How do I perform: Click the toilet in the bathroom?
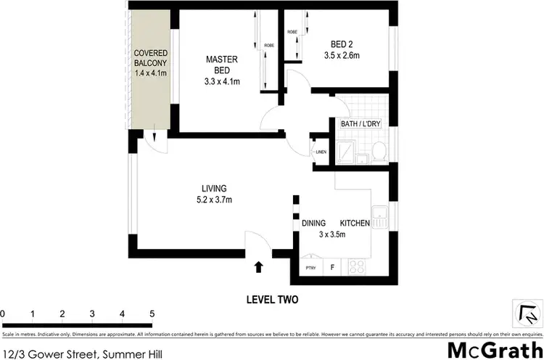click(378, 150)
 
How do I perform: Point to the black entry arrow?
click(259, 268)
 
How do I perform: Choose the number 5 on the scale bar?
click(152, 314)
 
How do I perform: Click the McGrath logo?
click(493, 350)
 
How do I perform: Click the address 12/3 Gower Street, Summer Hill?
click(82, 353)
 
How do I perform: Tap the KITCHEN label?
click(355, 223)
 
